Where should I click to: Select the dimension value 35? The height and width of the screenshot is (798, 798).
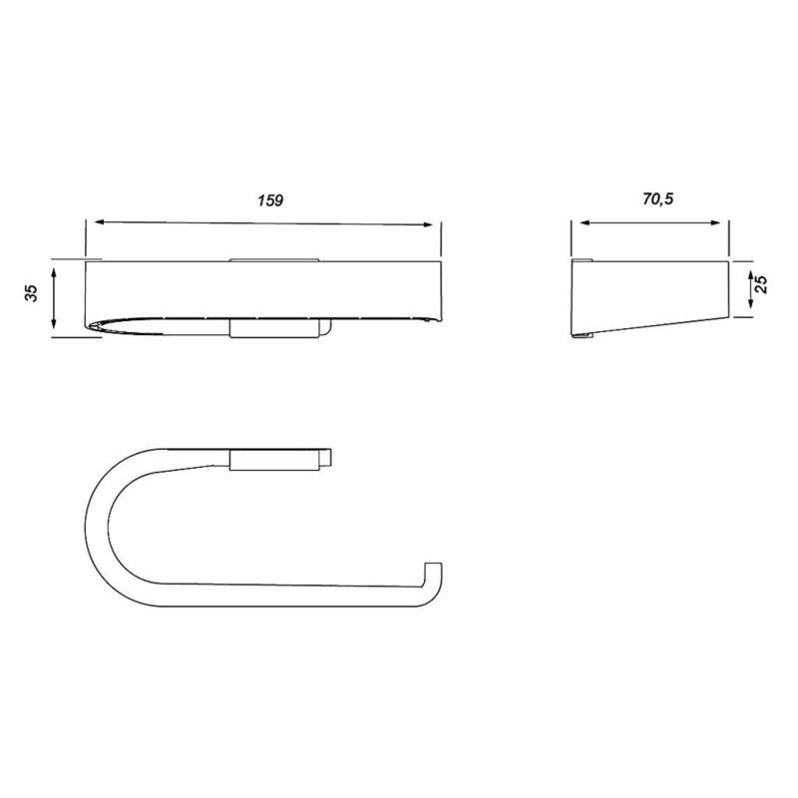(31, 294)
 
